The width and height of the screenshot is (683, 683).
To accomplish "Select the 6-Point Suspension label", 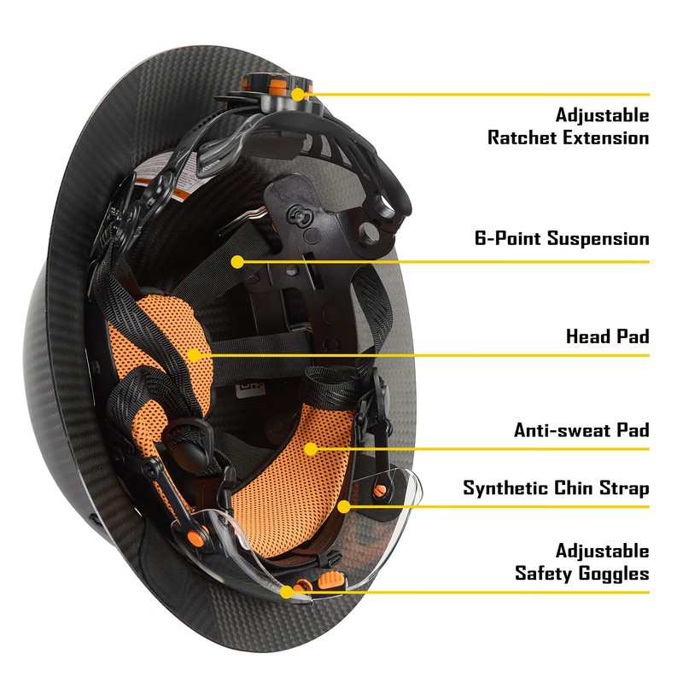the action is coord(562,238).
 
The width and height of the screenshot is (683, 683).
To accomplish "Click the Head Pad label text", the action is coord(607,336).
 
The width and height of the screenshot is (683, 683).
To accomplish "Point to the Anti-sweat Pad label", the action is coord(581,430).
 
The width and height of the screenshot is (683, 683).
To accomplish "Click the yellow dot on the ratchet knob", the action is coord(297,95).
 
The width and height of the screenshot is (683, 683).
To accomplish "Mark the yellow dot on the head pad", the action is coord(196,354).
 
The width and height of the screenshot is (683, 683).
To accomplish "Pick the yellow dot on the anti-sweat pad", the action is coord(312,448).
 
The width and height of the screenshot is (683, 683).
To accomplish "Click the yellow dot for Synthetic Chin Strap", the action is coord(345,506).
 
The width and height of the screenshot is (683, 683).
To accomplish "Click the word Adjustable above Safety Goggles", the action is coord(602,551).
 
